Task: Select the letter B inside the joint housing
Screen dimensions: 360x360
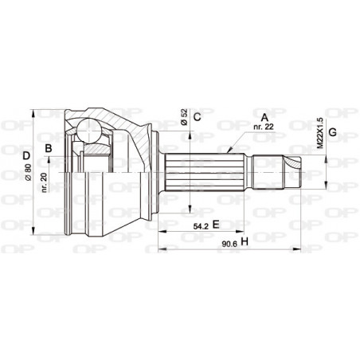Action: pos(49,148)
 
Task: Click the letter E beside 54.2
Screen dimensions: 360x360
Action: pos(214,226)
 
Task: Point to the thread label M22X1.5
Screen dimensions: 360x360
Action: pos(320,131)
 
